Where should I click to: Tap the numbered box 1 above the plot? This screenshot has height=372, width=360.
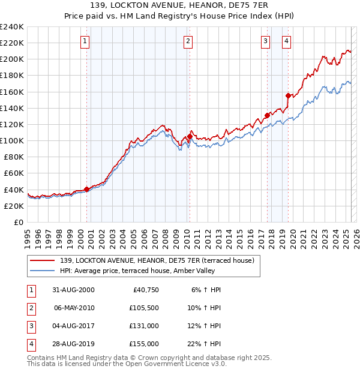click(x=85, y=41)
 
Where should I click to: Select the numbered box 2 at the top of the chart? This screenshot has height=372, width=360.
click(x=188, y=41)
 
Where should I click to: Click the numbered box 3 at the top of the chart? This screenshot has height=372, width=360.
click(x=265, y=41)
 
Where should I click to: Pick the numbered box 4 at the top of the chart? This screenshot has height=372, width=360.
click(x=287, y=41)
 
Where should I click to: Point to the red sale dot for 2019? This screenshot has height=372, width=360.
click(x=288, y=95)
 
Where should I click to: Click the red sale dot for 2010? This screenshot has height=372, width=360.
click(x=190, y=136)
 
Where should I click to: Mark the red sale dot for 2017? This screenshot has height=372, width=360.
click(x=266, y=115)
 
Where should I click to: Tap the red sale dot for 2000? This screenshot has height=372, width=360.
click(x=87, y=189)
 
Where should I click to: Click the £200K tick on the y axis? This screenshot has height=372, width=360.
click(x=12, y=59)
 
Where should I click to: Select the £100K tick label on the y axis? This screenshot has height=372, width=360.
click(x=12, y=140)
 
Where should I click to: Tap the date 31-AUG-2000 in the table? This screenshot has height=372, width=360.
click(x=74, y=290)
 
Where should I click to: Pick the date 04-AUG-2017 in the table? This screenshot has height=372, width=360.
click(x=74, y=326)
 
